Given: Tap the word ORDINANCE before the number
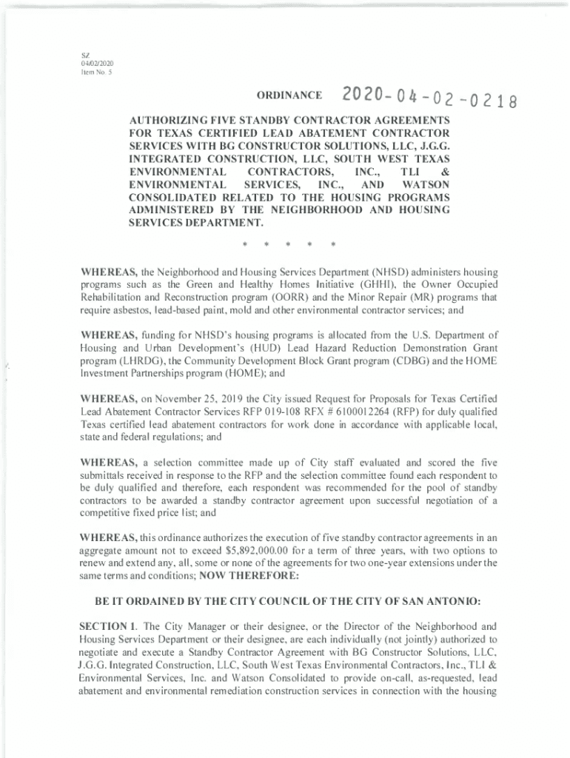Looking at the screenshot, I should (x=289, y=96).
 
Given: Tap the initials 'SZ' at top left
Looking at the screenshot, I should (x=85, y=54).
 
